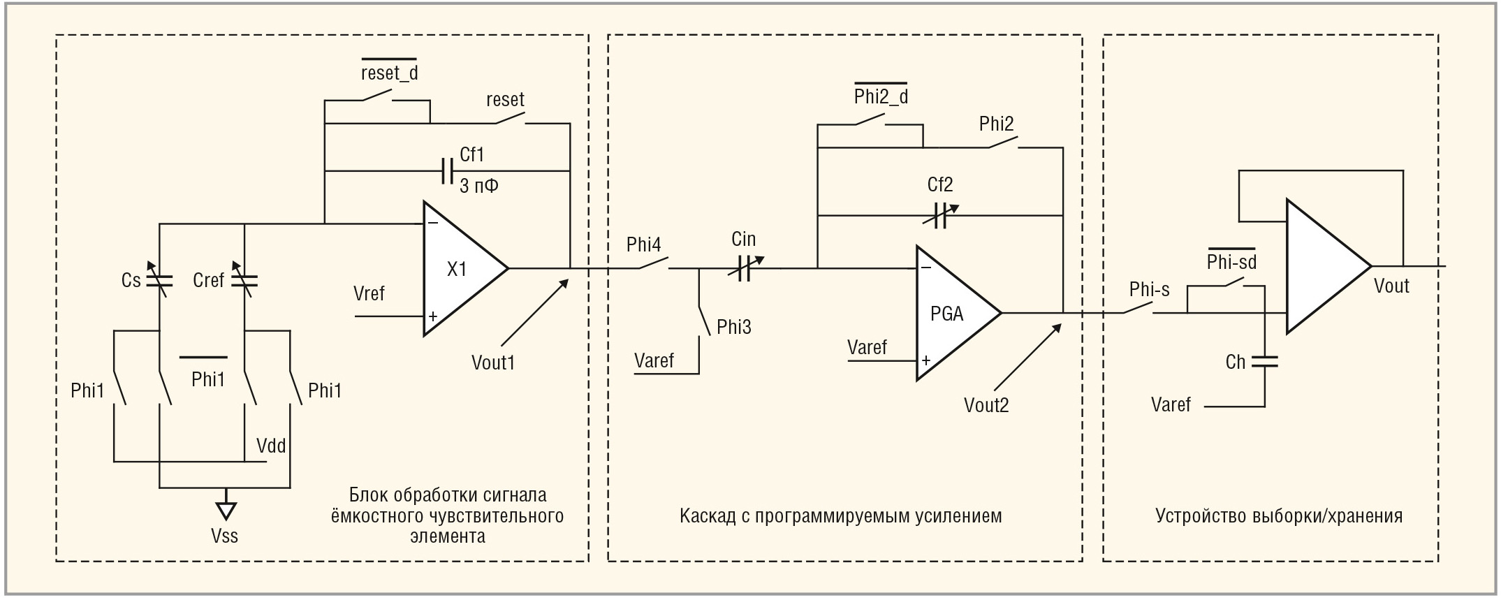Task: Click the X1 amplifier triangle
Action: point(460,269)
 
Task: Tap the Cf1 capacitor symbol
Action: point(448,170)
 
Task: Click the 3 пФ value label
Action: point(478,186)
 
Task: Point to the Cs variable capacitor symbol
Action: point(160,281)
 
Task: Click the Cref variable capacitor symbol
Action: point(244,281)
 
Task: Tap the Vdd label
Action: point(271,446)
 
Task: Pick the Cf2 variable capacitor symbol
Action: point(939,216)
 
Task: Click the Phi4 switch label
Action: point(643,244)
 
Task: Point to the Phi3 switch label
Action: point(734,327)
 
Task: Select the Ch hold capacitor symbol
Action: point(1264,361)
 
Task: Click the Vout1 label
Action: point(492,363)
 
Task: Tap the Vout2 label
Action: point(986,405)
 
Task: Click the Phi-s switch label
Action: point(1149,289)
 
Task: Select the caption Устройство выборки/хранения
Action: point(1278,516)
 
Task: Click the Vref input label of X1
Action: point(369,293)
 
